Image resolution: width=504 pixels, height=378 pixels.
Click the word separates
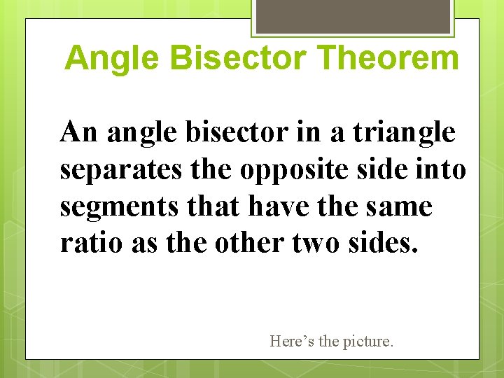pos(112,169)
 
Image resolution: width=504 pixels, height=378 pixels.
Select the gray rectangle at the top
pos(353,15)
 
